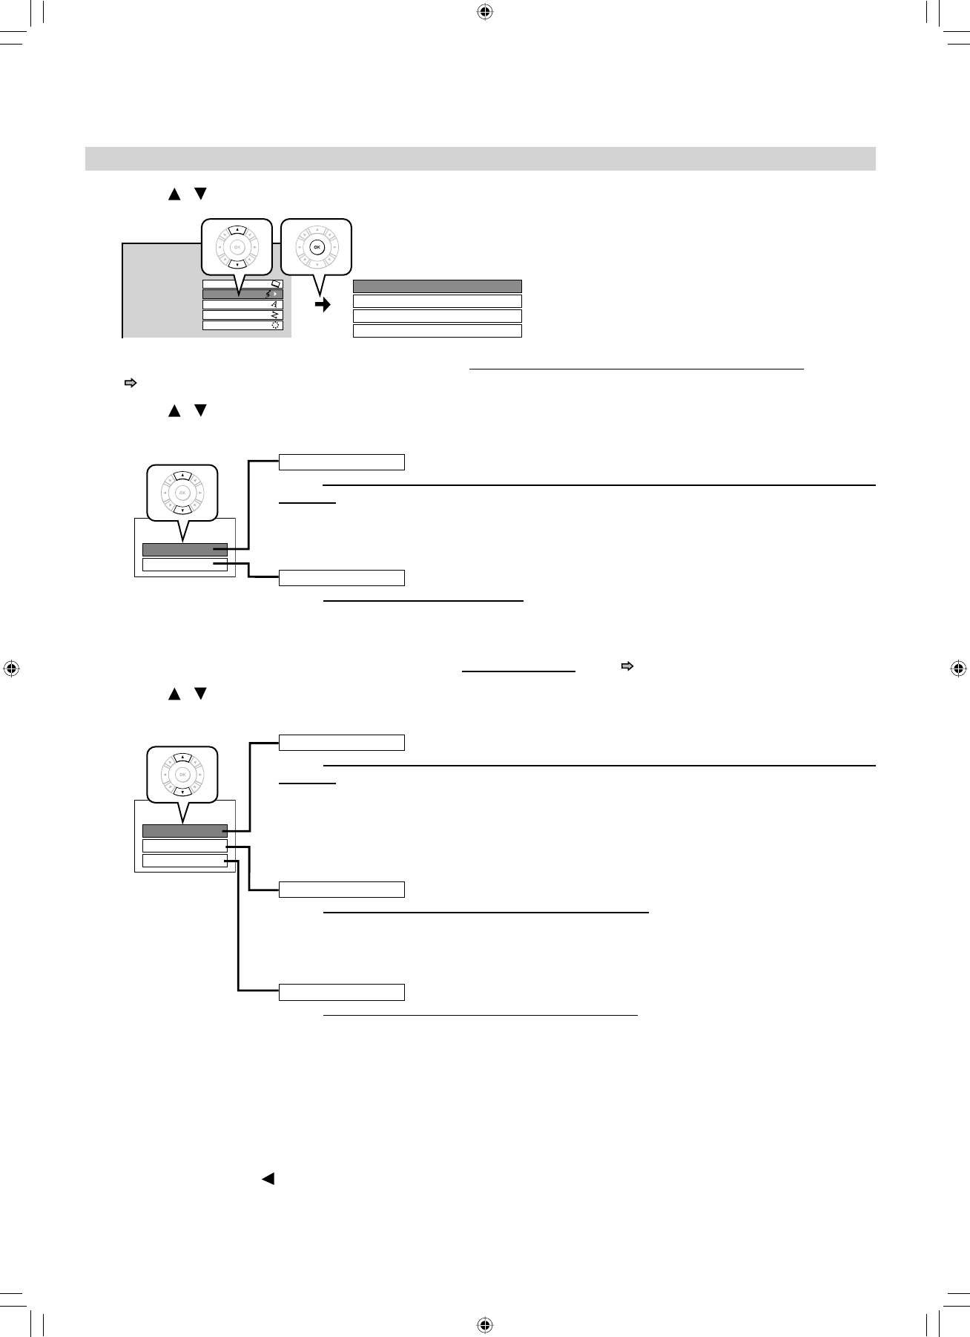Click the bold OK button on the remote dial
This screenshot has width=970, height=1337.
pos(317,247)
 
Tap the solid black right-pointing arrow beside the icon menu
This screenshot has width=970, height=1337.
pos(323,305)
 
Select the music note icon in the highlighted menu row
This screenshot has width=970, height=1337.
pos(268,295)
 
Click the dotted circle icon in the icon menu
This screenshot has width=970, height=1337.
pos(275,325)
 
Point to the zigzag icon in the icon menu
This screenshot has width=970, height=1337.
pos(274,315)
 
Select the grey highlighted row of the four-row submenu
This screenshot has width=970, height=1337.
pos(437,286)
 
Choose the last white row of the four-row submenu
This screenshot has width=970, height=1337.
pos(437,331)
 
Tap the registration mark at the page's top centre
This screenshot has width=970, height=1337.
pos(484,12)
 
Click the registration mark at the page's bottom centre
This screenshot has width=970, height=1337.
pos(484,1325)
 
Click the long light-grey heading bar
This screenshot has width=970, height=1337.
pos(480,159)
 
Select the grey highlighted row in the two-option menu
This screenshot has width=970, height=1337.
pos(185,550)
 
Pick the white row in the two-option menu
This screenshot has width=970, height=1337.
pos(185,565)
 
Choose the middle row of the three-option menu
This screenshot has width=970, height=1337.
pos(185,846)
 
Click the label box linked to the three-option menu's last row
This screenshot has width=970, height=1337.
pos(342,992)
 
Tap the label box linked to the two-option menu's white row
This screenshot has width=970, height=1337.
pos(342,578)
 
